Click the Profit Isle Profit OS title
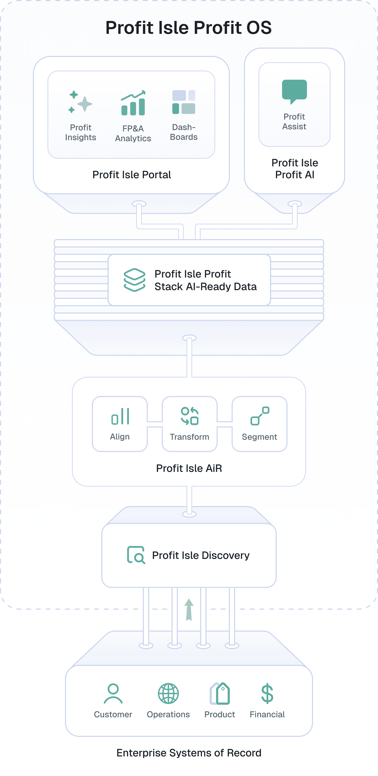tap(189, 28)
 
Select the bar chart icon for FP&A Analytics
tap(133, 103)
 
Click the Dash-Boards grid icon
tap(184, 102)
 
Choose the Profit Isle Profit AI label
tap(295, 169)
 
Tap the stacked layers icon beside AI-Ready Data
tap(135, 280)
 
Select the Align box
tap(120, 424)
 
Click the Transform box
tap(190, 424)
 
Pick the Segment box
tap(259, 424)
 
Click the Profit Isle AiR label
tap(189, 468)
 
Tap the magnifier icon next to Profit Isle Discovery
tap(136, 555)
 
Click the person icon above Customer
tap(113, 694)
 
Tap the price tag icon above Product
tap(220, 694)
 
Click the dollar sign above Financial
tap(267, 694)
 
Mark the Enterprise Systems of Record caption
tap(189, 753)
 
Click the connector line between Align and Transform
tap(155, 424)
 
